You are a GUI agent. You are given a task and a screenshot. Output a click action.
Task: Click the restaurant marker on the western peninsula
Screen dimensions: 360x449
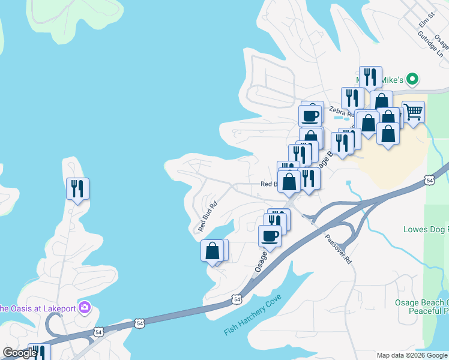(x=77, y=189)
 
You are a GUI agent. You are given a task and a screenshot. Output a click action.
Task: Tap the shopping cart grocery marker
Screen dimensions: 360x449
(x=413, y=112)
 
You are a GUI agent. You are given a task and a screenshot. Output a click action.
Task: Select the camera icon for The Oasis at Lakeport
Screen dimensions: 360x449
(x=85, y=308)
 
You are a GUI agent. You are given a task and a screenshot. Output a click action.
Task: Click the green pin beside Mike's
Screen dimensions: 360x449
(x=412, y=79)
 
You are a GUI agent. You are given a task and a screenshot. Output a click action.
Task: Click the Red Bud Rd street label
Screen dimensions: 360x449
(x=207, y=216)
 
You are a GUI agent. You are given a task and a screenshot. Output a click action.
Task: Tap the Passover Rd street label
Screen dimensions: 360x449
(x=339, y=248)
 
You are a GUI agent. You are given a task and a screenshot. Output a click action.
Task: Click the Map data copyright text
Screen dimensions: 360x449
(x=412, y=355)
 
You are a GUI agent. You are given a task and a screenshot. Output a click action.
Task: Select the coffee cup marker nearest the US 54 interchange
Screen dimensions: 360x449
(x=270, y=235)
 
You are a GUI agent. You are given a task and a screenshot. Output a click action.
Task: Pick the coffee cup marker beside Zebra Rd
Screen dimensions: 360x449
(x=310, y=115)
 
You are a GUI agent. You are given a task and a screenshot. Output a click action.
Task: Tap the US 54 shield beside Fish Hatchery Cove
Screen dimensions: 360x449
(x=238, y=298)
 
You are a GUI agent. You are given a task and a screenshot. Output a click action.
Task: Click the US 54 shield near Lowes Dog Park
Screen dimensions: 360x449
(x=429, y=179)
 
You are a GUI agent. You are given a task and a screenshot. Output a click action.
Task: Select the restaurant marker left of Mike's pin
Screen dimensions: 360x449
(x=352, y=98)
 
